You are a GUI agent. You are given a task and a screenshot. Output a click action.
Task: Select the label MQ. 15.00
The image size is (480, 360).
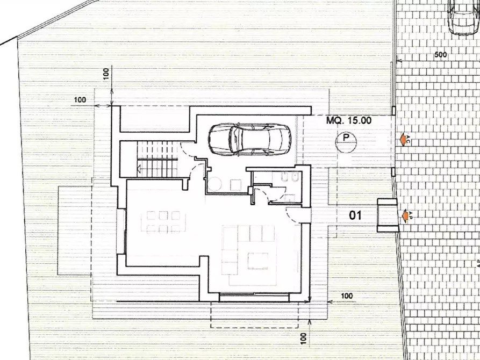pos(349,121)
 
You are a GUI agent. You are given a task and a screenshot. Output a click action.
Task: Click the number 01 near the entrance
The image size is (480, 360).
pos(355,216)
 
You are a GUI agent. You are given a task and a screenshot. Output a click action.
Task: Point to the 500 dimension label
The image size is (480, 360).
pos(441,54)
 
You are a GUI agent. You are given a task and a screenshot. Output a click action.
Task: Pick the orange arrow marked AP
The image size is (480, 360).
pos(405,215)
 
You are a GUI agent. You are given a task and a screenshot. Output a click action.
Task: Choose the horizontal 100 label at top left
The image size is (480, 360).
pos(80,99)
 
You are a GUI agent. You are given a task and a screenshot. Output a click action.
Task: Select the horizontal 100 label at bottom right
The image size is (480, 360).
pos(347,296)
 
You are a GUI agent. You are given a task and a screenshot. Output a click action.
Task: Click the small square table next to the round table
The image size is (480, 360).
pos(234,184)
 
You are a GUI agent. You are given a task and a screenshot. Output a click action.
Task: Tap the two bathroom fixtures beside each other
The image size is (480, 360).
pos(289,178)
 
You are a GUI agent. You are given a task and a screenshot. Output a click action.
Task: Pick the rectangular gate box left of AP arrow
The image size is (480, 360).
pos(387,215)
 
